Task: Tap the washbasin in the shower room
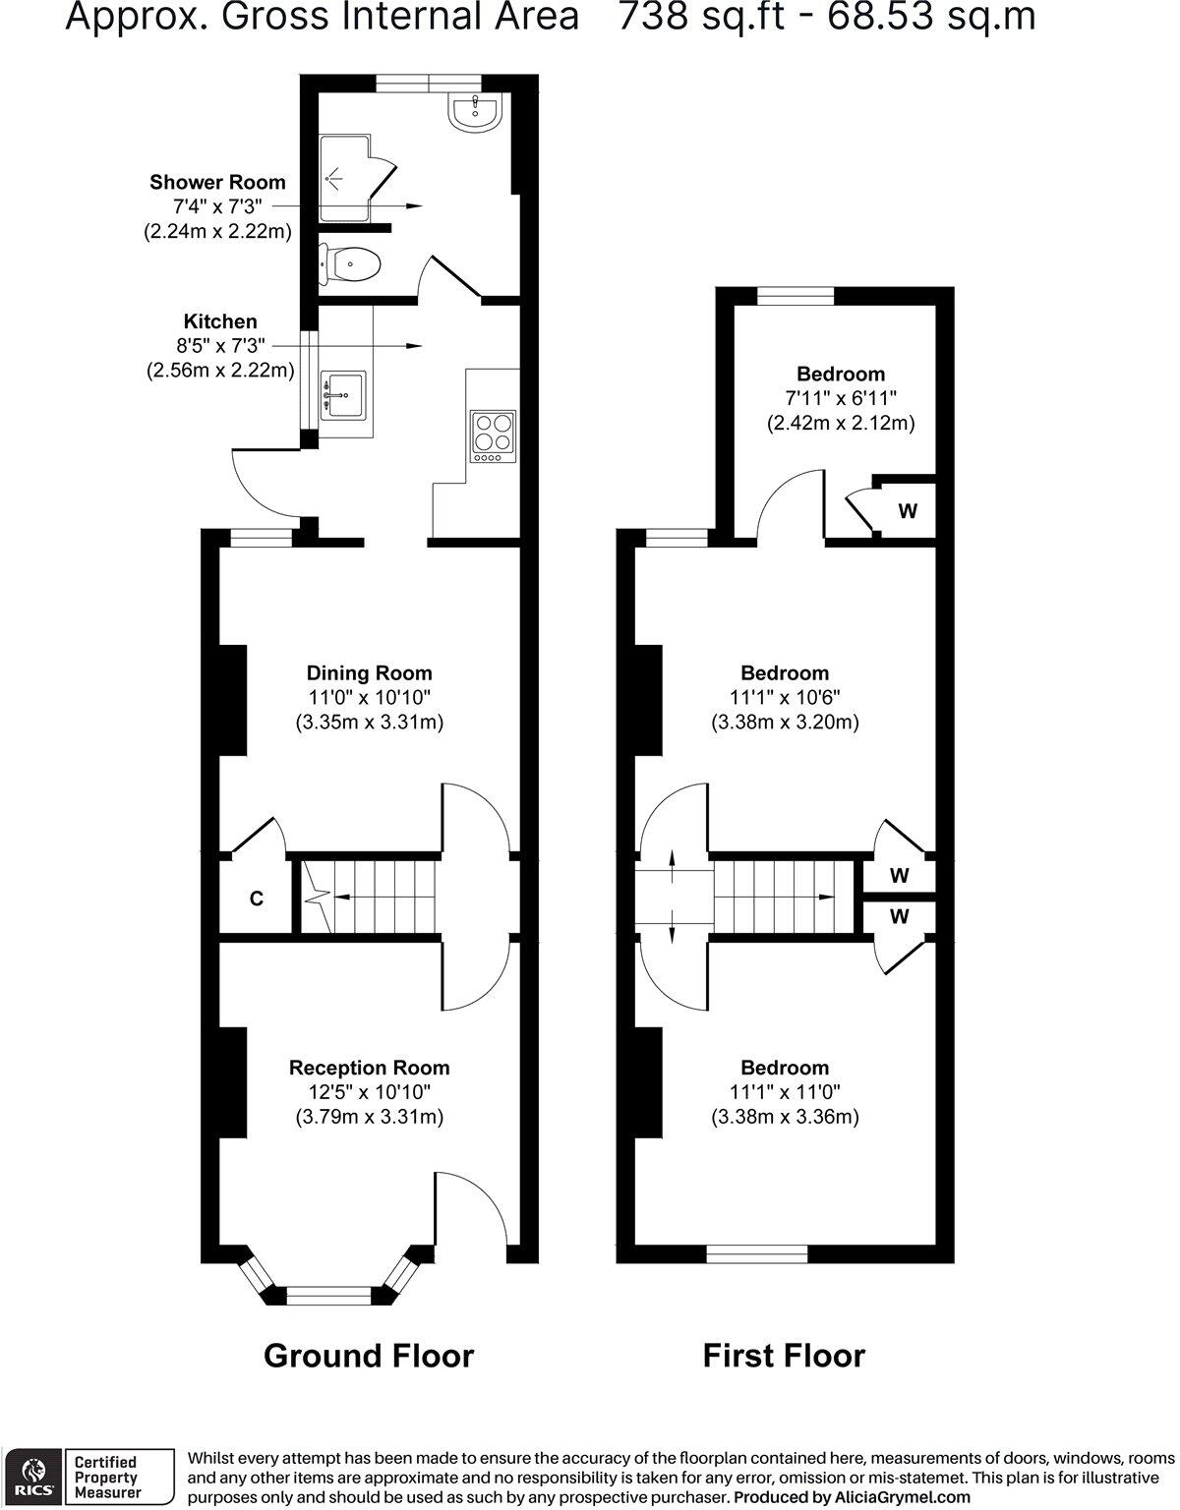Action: (x=477, y=110)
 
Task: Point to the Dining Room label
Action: (x=369, y=673)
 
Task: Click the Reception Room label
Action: (x=369, y=1068)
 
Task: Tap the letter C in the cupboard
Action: (x=256, y=898)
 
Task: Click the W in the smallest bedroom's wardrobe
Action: (x=908, y=511)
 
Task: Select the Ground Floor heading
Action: (x=369, y=1356)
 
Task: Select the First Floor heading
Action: (x=784, y=1356)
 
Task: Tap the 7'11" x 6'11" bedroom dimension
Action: (x=840, y=398)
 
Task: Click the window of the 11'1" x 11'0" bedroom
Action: (x=757, y=1253)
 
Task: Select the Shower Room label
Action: (x=217, y=182)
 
